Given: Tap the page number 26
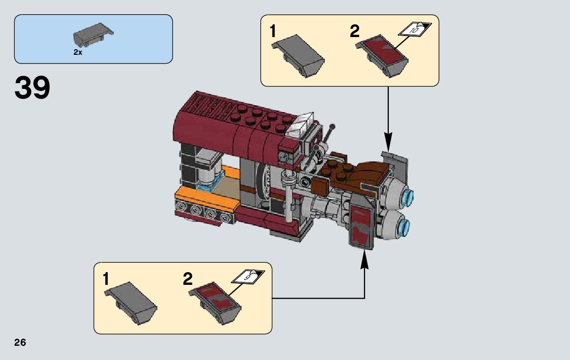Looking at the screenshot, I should point(20,343).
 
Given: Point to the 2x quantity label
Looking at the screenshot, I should point(78,52).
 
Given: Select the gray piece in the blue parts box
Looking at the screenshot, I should point(92,34).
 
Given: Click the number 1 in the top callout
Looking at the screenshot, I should point(273,32).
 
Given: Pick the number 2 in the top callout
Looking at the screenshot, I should point(354,32).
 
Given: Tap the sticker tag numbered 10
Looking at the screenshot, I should point(415,29).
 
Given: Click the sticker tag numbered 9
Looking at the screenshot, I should point(248,277).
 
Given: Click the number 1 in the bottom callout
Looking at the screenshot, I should point(106,279).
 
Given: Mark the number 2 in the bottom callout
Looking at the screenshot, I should point(188,279).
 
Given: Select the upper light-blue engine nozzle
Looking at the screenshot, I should point(409,195).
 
